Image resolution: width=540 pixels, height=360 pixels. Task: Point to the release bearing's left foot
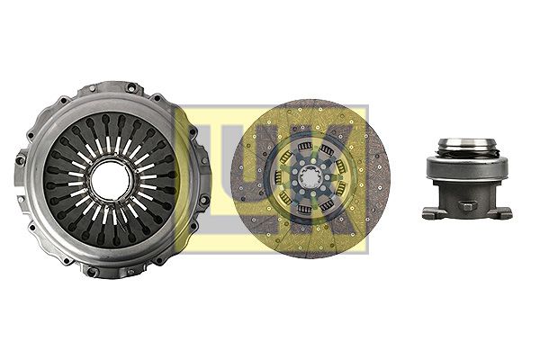429,213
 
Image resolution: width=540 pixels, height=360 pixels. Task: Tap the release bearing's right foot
503,213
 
